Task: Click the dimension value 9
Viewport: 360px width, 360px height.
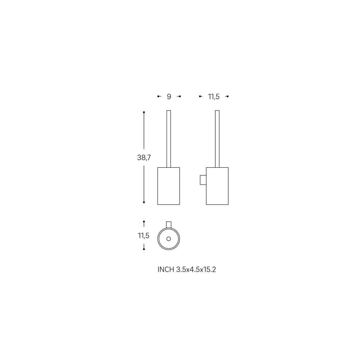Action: [169, 97]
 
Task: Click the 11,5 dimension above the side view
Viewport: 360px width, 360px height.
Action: [214, 97]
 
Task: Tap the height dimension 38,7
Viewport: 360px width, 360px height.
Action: [144, 158]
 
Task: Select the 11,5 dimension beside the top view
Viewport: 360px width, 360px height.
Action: [144, 236]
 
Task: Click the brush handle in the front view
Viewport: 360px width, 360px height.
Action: [169, 139]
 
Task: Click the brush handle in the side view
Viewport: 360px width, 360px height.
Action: [217, 139]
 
